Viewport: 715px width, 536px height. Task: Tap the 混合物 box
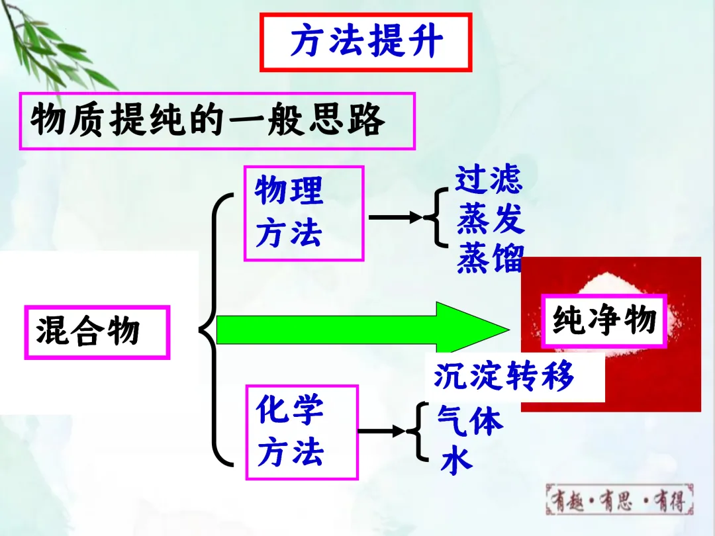[x=97, y=332]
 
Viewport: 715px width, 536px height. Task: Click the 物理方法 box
[x=304, y=213]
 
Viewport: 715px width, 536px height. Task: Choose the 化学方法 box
[x=301, y=432]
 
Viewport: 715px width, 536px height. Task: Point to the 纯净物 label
[x=603, y=321]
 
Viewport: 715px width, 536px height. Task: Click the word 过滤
[x=489, y=180]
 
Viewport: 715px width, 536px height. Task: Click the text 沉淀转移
[x=504, y=377]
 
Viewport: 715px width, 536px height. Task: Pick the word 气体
[x=470, y=420]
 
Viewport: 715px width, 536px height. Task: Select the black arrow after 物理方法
[x=395, y=217]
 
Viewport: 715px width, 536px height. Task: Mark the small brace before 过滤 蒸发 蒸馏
[x=438, y=217]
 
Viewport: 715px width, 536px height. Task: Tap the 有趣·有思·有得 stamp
[x=619, y=499]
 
